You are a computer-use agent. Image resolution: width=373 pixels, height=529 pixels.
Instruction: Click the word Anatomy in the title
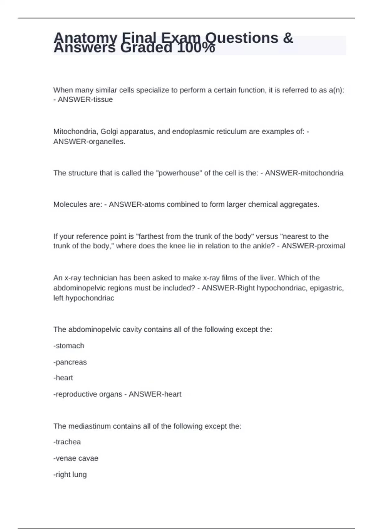click(x=85, y=38)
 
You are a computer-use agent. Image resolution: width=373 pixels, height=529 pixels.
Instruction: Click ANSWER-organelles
click(x=89, y=142)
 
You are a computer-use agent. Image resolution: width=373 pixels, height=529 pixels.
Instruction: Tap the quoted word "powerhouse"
click(x=178, y=173)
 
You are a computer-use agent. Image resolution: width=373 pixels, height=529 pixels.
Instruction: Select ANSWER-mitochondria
click(x=304, y=173)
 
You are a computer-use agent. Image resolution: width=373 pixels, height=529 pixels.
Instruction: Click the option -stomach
click(x=69, y=346)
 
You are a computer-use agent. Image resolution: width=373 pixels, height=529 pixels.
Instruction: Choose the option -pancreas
click(x=70, y=362)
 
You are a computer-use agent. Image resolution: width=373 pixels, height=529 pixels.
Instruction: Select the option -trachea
click(x=67, y=442)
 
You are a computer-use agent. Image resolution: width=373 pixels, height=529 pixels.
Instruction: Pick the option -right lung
click(x=70, y=475)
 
